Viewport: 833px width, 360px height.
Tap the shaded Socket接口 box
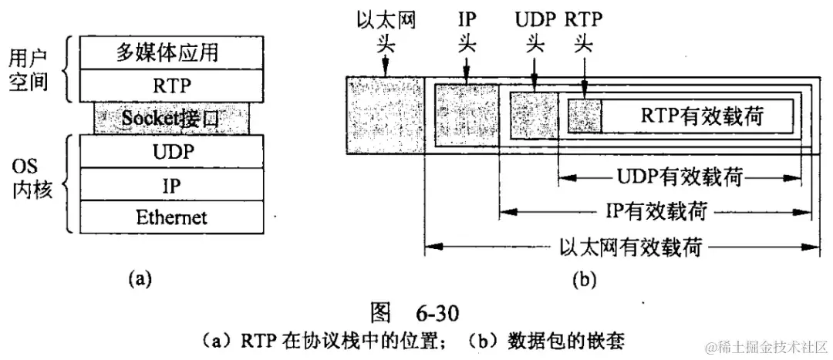(171, 118)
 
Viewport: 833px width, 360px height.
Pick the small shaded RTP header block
(585, 115)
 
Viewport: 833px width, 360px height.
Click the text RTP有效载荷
(701, 116)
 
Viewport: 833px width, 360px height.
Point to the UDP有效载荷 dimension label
(680, 177)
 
